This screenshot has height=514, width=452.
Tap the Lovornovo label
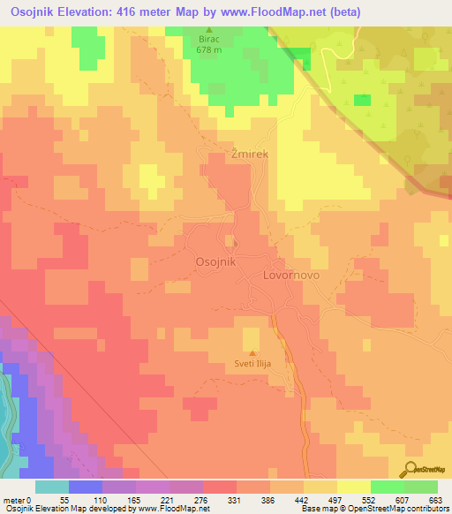tap(290, 276)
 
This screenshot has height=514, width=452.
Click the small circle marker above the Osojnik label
tap(234, 243)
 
